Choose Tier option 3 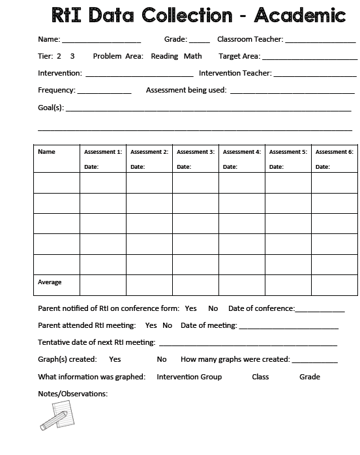72,57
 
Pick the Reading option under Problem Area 164,57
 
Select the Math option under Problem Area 193,57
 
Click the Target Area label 239,57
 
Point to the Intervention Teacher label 235,74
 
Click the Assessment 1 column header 103,152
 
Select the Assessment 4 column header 242,152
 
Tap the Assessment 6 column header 335,152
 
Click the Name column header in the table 47,152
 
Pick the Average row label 50,282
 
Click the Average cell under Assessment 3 196,285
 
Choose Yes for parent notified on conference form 190,308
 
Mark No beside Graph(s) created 162,359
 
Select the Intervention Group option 189,377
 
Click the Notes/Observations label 73,394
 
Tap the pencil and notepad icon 55,415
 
